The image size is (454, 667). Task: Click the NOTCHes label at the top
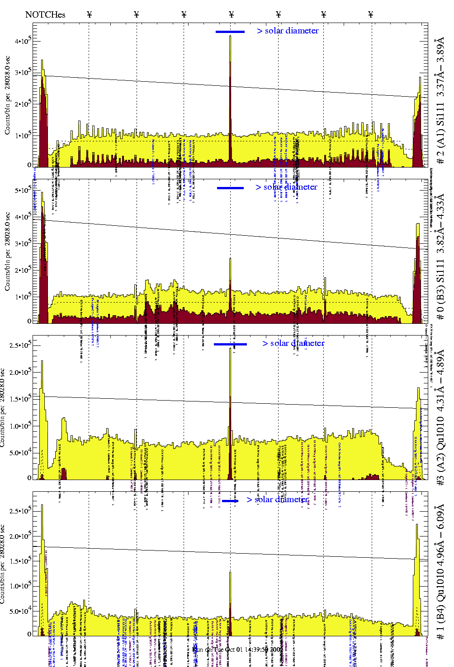tap(45, 14)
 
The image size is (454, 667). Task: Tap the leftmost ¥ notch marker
tap(89, 14)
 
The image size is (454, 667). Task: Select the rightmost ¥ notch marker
tap(371, 14)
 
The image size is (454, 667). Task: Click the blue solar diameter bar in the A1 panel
tap(230, 32)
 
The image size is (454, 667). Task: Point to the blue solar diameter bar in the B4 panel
tap(230, 501)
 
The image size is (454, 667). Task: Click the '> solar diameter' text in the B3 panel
tap(286, 187)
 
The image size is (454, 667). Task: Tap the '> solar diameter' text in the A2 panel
tap(293, 343)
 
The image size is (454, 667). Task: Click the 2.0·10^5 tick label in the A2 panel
tap(21, 372)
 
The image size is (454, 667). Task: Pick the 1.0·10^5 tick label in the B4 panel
tap(21, 586)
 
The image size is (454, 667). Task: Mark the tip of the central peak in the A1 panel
tap(230, 36)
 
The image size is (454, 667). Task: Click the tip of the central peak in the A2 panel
tap(230, 349)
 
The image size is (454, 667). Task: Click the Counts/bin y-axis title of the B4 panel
tap(4, 564)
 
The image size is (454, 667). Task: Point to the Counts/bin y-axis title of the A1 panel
tap(7, 95)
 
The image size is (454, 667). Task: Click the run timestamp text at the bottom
tap(238, 649)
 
